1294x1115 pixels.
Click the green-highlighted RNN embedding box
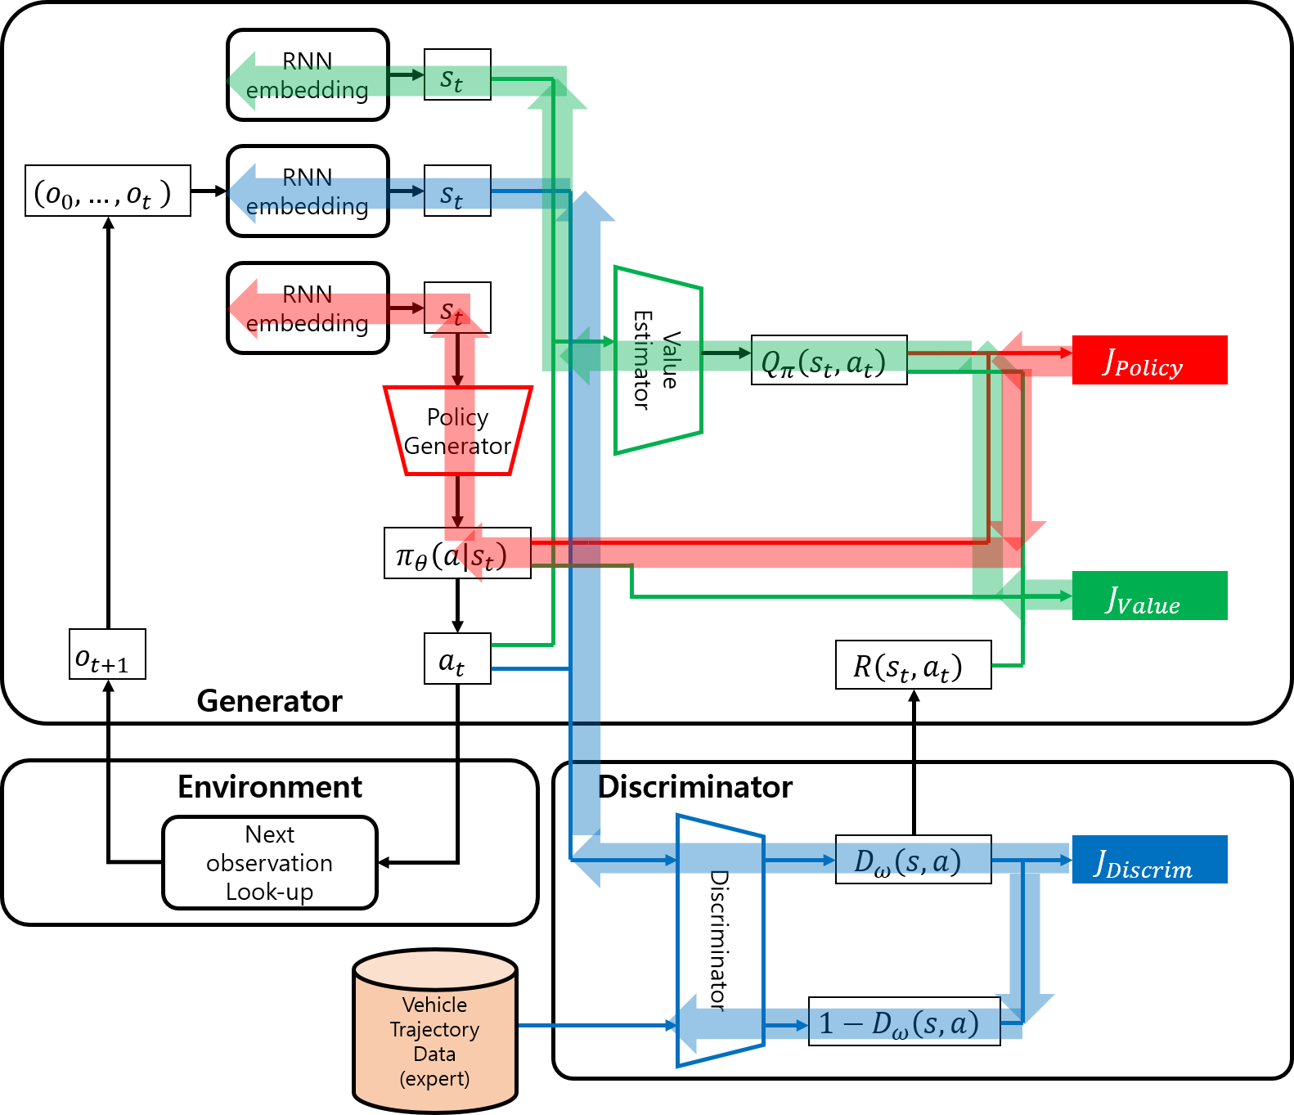pos(308,75)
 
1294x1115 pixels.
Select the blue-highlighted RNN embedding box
pos(308,191)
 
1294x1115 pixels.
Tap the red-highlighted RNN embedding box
pos(308,308)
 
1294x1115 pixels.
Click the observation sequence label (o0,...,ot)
pos(107,191)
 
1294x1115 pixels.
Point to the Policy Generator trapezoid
pos(457,431)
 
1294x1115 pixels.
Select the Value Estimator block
pos(658,360)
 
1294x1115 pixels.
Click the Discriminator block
pos(720,940)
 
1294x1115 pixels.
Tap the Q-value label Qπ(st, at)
pos(828,360)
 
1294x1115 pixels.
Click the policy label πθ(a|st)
pos(456,554)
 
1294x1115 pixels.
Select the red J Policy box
pos(1148,360)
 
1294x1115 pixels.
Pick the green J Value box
pos(1148,596)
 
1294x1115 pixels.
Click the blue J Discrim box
pos(1148,860)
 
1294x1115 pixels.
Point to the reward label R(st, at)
pos(912,665)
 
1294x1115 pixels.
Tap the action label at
pos(456,659)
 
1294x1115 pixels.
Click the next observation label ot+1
pos(107,654)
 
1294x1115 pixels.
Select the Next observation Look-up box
pos(269,862)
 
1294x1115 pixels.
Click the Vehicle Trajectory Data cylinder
pos(434,1032)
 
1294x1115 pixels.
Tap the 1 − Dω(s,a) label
pos(904,1021)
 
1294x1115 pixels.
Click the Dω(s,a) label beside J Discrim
pos(912,860)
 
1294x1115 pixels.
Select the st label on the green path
pos(456,75)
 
